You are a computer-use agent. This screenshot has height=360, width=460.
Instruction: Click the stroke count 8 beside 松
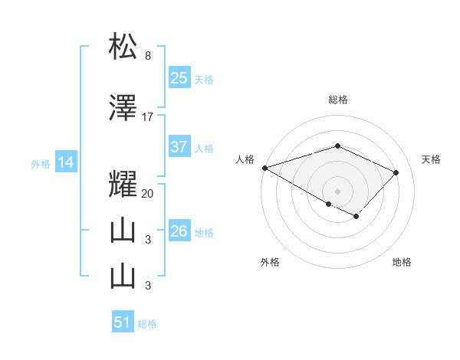tap(147, 56)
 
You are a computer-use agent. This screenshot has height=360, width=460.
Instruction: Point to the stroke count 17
tap(148, 117)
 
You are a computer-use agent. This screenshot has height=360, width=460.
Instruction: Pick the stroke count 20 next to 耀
tap(148, 194)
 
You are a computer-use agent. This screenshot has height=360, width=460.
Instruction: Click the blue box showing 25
tap(179, 77)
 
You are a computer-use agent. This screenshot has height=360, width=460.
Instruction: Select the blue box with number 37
tap(179, 147)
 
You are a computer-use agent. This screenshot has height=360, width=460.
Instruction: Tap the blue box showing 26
tap(179, 231)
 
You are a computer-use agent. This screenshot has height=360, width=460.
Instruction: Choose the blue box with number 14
tap(65, 162)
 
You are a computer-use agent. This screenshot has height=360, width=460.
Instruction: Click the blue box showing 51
tap(123, 322)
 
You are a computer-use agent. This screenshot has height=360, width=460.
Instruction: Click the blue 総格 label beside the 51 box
tap(147, 324)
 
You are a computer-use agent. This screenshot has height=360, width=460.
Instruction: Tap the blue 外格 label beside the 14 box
tap(41, 163)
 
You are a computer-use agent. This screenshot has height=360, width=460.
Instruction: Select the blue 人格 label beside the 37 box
tap(204, 149)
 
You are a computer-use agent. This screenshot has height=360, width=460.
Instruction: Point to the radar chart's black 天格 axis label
tap(431, 159)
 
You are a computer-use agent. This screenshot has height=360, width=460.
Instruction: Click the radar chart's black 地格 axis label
tap(402, 262)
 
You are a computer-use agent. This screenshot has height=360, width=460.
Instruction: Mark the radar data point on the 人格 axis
tap(264, 168)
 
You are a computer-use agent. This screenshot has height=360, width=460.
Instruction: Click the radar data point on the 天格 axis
tap(396, 172)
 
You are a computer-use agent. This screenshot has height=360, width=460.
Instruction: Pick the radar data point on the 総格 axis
tap(337, 146)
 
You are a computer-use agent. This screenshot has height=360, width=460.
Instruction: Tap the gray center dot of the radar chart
tap(337, 191)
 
